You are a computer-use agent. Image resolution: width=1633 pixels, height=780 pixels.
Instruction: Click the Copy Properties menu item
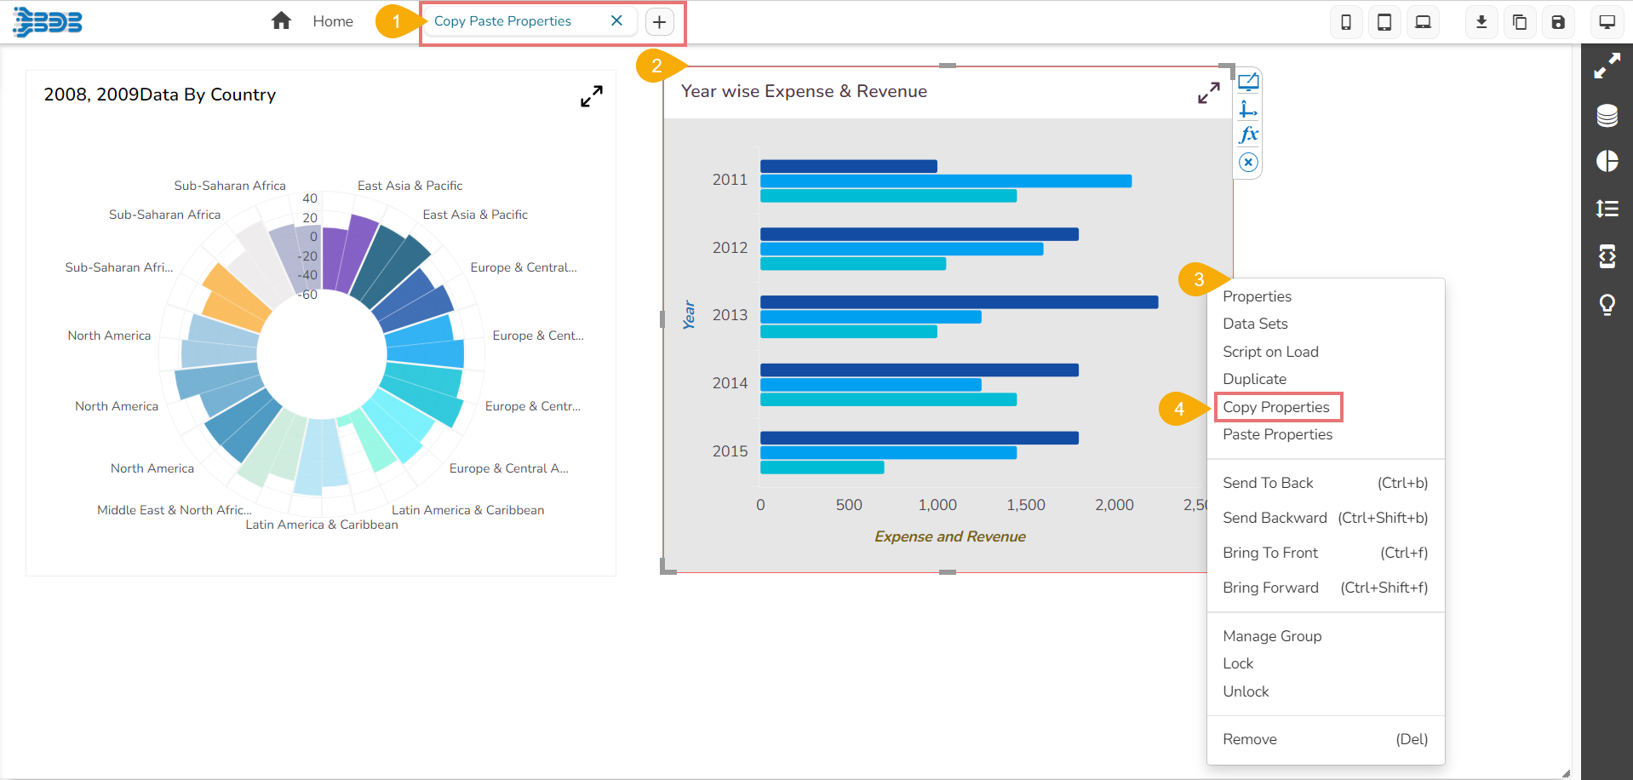tap(1275, 407)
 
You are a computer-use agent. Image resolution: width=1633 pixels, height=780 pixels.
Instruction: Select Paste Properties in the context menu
tap(1277, 434)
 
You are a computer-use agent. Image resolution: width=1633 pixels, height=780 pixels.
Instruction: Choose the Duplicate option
tap(1254, 379)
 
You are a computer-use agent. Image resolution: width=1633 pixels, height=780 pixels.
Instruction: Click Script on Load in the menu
tap(1270, 352)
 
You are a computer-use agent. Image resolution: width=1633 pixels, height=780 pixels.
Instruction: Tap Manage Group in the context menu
tap(1272, 636)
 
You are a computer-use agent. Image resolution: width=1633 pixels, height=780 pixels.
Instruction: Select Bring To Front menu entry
tap(1270, 553)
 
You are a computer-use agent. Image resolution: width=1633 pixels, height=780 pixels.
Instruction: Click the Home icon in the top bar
tap(281, 21)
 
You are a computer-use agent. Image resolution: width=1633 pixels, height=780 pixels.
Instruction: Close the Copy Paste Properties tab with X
tap(616, 20)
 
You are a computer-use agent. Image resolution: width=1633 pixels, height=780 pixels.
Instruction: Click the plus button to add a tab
tap(660, 21)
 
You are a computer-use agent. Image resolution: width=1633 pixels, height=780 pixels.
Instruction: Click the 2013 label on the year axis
tap(730, 315)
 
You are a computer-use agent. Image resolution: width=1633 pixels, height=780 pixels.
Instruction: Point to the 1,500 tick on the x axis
tap(1026, 505)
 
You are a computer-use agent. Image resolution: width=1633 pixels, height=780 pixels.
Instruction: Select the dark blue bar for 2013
tap(959, 302)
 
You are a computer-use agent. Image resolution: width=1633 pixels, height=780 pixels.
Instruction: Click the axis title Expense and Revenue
tap(949, 536)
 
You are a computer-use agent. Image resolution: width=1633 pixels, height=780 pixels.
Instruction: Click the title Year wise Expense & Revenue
tap(804, 91)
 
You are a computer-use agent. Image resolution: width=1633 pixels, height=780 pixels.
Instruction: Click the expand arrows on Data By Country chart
tap(592, 96)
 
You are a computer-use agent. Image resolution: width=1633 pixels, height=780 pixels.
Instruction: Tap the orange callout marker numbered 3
tap(1198, 279)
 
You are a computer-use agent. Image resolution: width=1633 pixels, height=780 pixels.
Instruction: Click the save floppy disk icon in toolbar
tap(1558, 22)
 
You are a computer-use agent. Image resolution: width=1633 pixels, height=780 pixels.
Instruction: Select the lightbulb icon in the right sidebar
tap(1607, 304)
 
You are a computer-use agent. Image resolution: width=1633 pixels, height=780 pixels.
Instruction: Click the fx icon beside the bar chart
tap(1248, 135)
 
